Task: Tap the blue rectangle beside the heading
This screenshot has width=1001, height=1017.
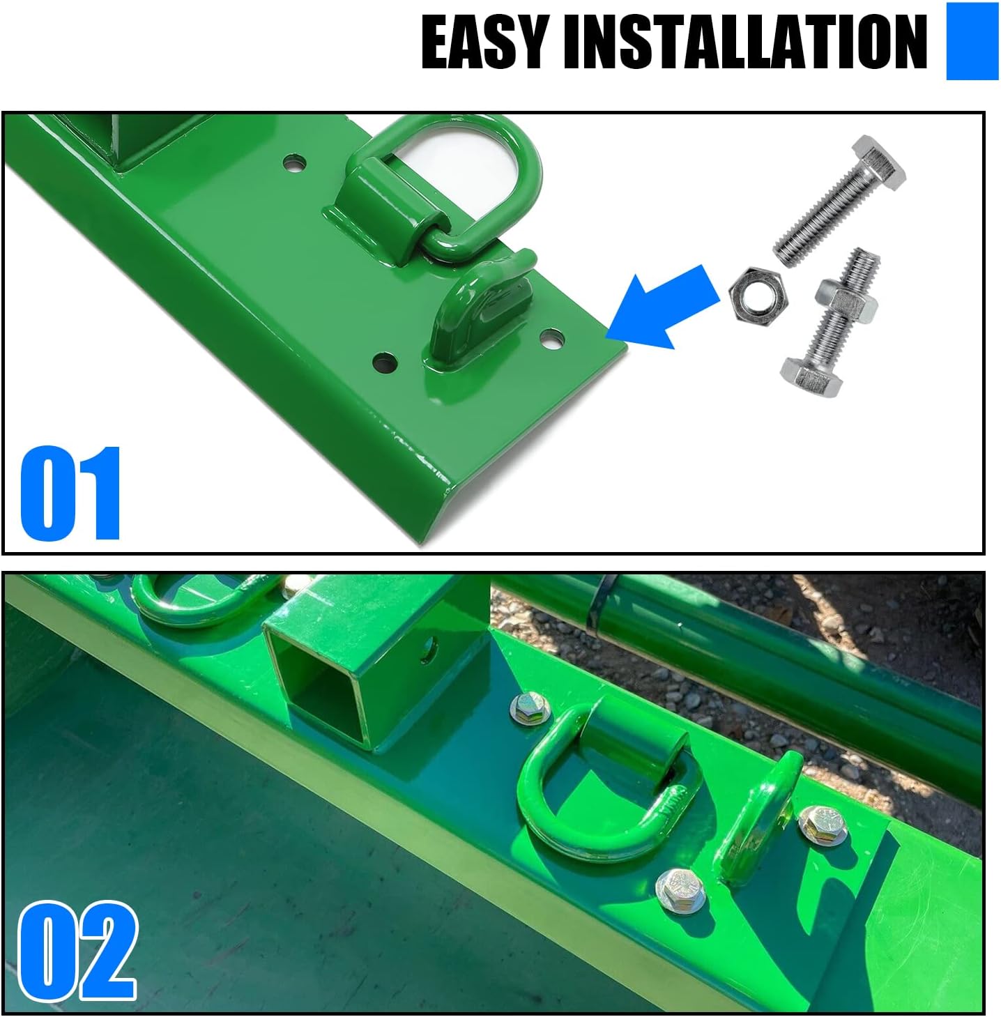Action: pos(972,42)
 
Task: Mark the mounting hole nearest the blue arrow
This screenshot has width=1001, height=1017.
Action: pos(551,339)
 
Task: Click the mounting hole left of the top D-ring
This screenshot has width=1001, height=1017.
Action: pos(295,165)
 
